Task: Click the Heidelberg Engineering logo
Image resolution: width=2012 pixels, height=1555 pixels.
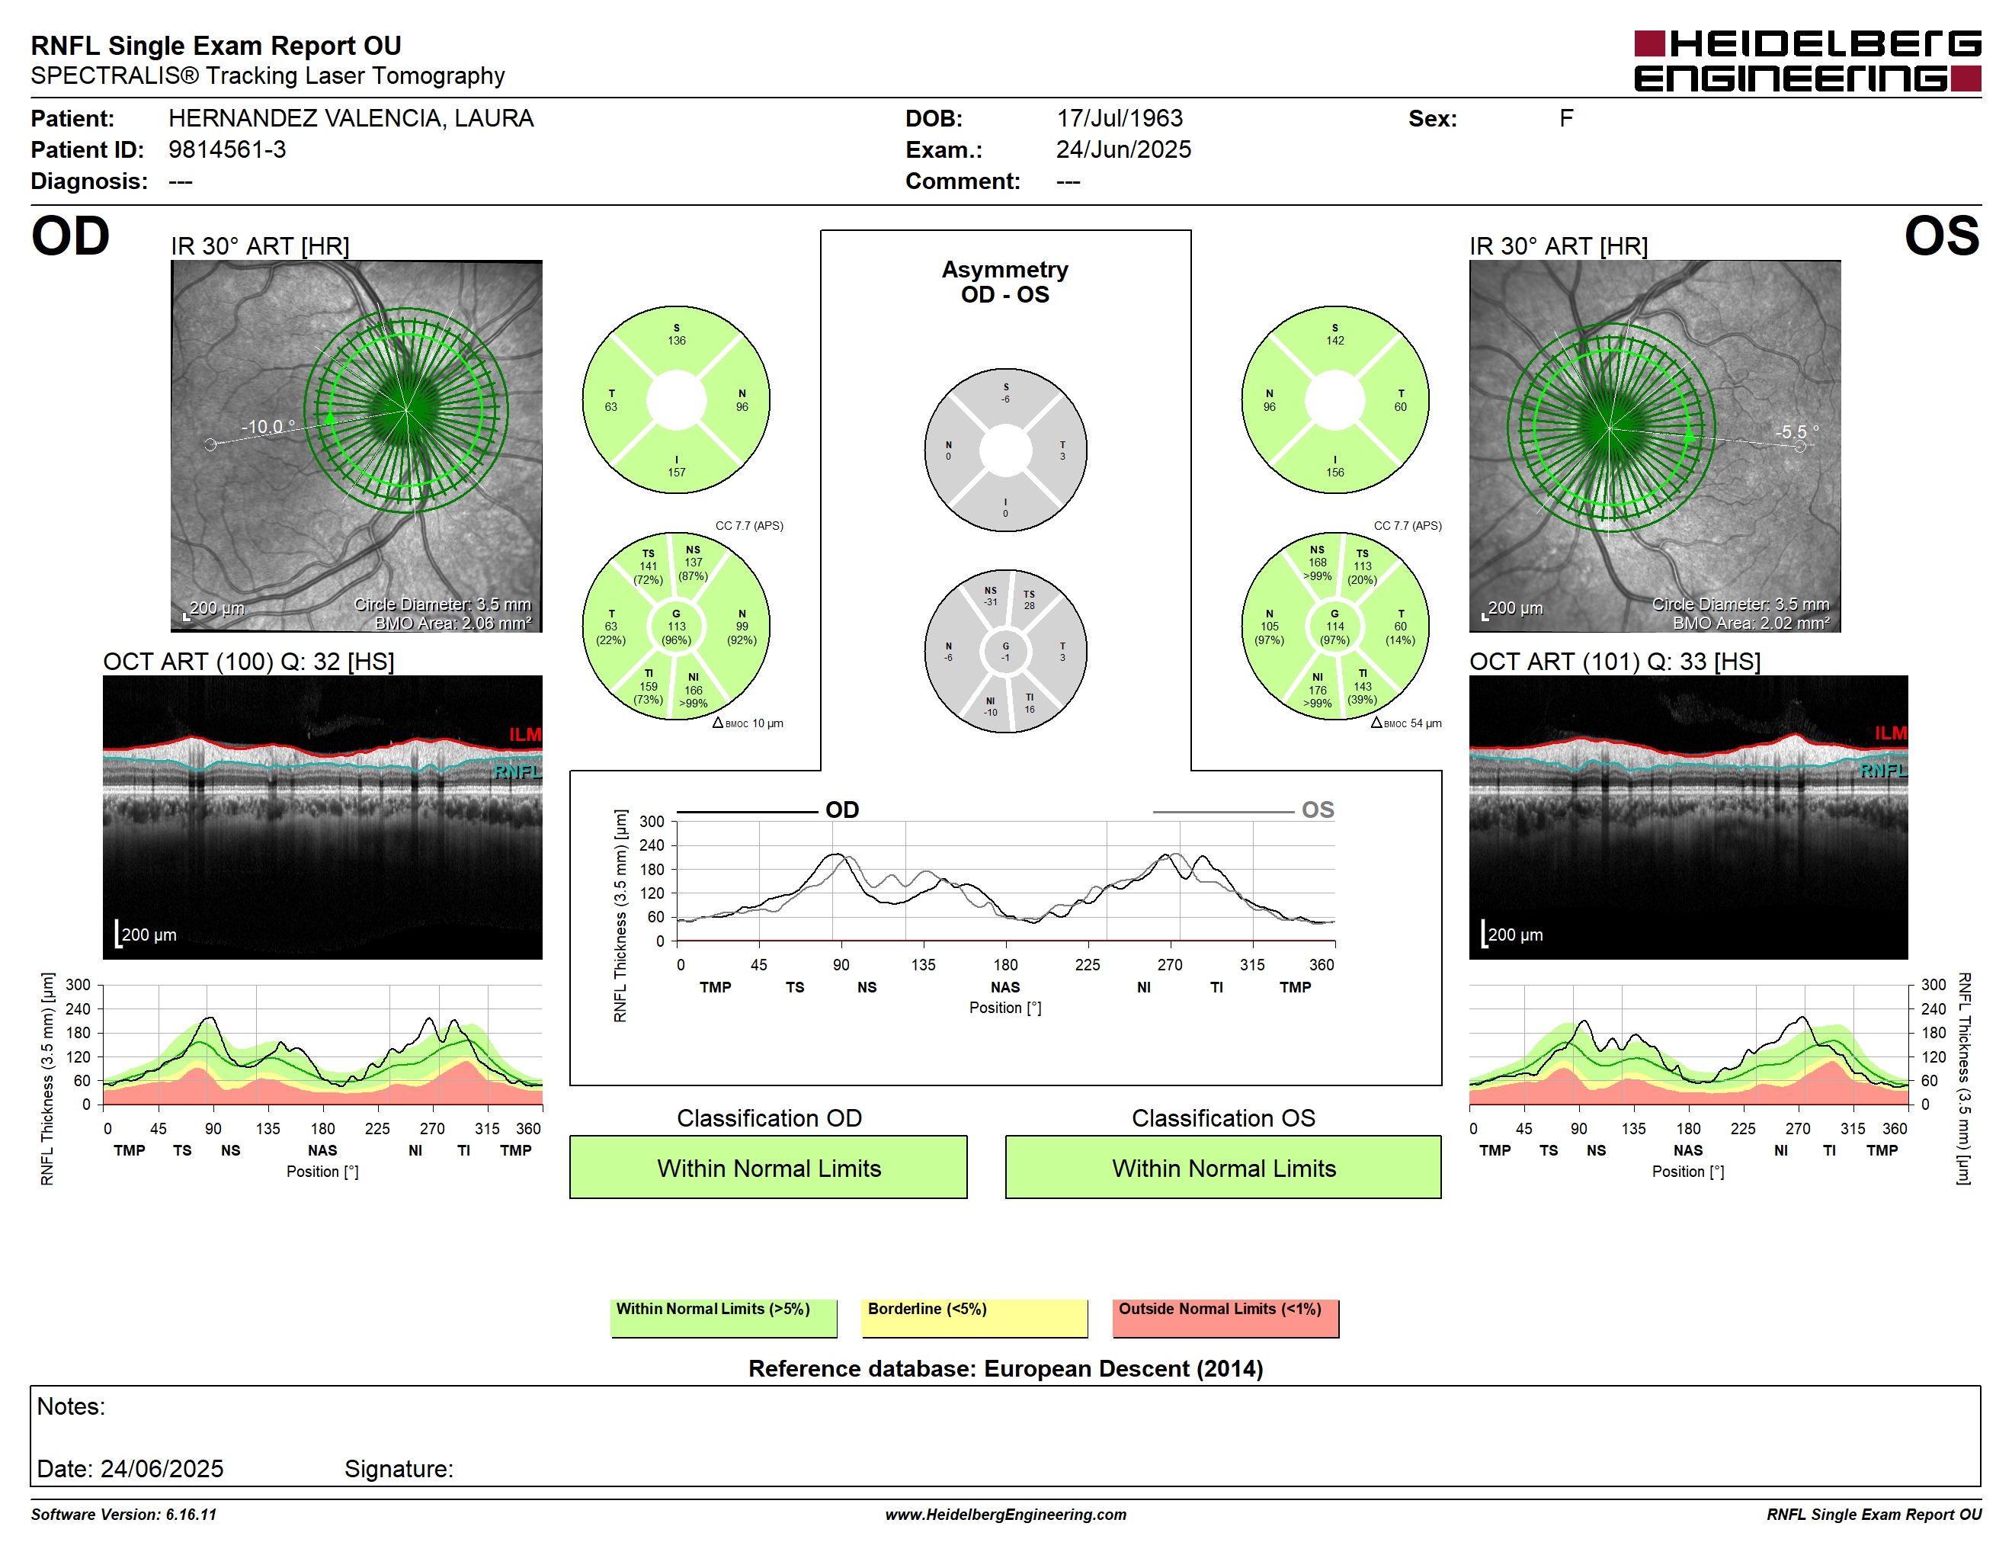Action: pyautogui.click(x=1808, y=61)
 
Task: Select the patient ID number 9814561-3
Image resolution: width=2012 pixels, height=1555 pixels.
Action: pyautogui.click(x=226, y=149)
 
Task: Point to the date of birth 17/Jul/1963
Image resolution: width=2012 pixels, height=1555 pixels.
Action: pyautogui.click(x=1120, y=118)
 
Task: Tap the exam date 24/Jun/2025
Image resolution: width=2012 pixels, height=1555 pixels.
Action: pyautogui.click(x=1123, y=149)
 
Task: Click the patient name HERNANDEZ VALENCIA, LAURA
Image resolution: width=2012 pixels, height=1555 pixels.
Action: pyautogui.click(x=351, y=118)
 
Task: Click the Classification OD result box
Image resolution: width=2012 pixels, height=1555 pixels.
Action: pyautogui.click(x=768, y=1167)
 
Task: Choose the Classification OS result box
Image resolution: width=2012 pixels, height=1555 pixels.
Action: pyautogui.click(x=1223, y=1167)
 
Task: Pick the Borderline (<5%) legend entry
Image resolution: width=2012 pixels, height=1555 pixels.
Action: pyautogui.click(x=975, y=1317)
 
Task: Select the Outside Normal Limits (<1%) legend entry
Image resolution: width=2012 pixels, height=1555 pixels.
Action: pyautogui.click(x=1225, y=1317)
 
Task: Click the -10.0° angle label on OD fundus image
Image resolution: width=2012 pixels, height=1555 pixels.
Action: pyautogui.click(x=268, y=427)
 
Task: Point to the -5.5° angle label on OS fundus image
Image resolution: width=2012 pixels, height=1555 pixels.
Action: pyautogui.click(x=1796, y=431)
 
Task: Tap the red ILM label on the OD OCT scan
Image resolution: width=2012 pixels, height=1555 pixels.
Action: pyautogui.click(x=525, y=734)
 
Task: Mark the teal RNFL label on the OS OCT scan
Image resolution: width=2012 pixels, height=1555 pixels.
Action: pyautogui.click(x=1883, y=770)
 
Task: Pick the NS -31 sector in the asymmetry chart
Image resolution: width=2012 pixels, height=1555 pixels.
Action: pyautogui.click(x=990, y=596)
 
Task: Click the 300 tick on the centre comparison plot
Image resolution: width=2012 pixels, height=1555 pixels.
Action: pyautogui.click(x=652, y=822)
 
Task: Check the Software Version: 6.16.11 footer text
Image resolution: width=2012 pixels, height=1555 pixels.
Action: pyautogui.click(x=123, y=1515)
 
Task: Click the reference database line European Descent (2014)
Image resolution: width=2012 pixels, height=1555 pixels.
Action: pyautogui.click(x=1005, y=1369)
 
